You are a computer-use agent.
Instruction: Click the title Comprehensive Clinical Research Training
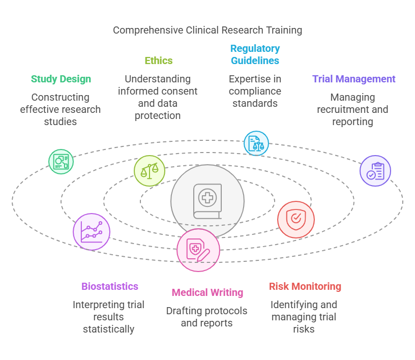point(207,30)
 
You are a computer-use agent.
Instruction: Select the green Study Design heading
point(61,79)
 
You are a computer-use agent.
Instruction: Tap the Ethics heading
point(159,61)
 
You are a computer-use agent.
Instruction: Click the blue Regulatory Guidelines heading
point(255,54)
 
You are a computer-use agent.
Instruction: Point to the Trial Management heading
point(353,79)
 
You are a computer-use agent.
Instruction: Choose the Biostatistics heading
point(110,286)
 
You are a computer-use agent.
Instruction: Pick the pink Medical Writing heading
point(207,292)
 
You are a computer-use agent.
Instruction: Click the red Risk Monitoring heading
point(305,286)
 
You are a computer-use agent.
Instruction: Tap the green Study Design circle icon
point(61,162)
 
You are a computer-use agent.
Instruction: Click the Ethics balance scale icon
point(150,170)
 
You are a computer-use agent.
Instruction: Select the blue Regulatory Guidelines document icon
point(256,143)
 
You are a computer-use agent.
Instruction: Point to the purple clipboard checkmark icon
point(375,171)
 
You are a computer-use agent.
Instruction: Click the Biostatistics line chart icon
point(92,231)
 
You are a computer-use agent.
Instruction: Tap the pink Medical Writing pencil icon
point(198,250)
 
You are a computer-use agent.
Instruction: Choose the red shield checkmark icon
point(296,220)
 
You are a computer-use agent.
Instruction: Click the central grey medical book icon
point(207,201)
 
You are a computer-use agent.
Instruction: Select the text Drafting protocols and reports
point(207,317)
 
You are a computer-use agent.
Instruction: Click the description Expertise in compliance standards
point(255,91)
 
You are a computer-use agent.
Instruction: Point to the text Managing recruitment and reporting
point(352,109)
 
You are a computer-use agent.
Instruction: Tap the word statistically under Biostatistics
point(108,329)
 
